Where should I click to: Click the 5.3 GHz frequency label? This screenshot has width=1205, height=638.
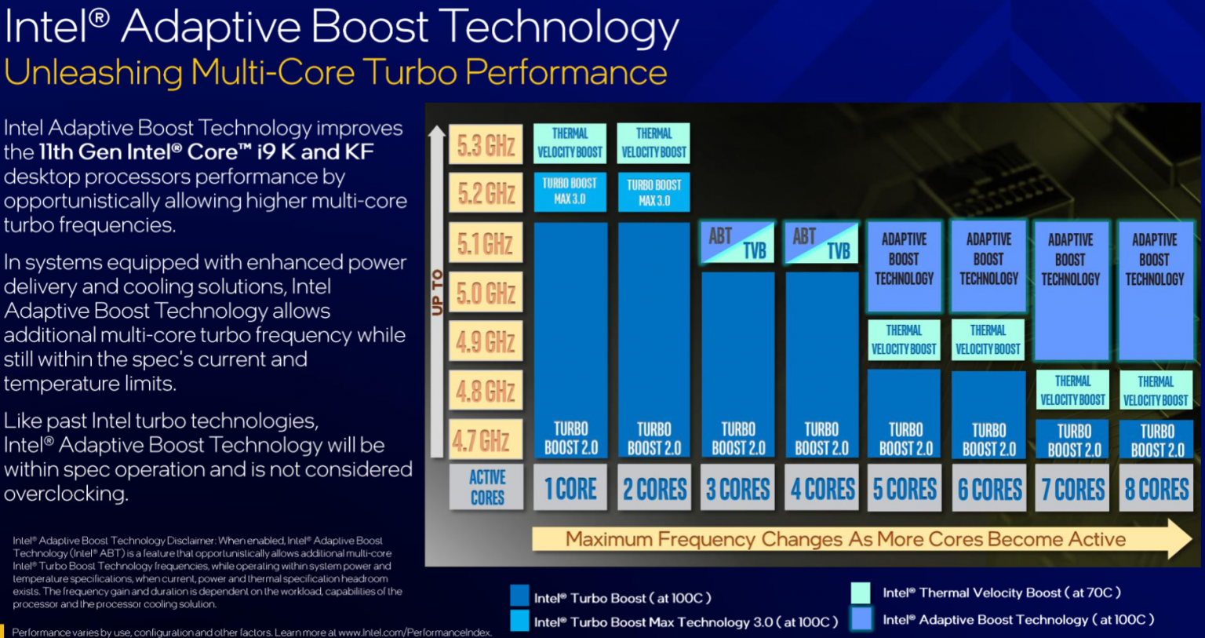click(x=486, y=145)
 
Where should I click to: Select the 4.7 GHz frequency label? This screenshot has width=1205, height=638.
click(x=486, y=440)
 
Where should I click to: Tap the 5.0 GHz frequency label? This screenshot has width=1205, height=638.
click(x=486, y=293)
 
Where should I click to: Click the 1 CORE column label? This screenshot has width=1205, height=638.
click(x=570, y=489)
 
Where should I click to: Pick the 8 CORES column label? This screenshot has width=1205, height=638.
click(x=1156, y=489)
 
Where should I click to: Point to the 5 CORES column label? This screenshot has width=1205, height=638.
click(x=905, y=489)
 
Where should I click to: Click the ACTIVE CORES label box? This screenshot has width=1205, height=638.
click(x=486, y=487)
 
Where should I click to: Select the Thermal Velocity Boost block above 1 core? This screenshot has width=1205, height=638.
click(x=570, y=143)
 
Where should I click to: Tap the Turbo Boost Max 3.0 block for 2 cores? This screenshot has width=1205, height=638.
click(x=654, y=192)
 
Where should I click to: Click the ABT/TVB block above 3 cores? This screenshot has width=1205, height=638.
click(x=737, y=242)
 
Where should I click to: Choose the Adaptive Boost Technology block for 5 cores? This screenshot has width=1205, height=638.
click(x=905, y=266)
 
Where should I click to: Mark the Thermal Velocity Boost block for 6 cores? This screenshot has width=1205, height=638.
click(x=988, y=340)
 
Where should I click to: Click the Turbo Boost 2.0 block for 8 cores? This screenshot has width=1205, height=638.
click(x=1156, y=439)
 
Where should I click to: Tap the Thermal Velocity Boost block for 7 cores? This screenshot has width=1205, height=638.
click(x=1072, y=390)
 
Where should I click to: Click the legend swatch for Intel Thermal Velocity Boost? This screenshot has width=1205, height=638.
click(x=861, y=592)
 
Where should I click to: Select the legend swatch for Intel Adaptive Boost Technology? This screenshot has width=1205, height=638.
click(x=861, y=619)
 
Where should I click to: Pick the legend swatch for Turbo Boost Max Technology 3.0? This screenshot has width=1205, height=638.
click(x=519, y=622)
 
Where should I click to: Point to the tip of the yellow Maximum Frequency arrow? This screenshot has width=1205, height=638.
click(x=1190, y=539)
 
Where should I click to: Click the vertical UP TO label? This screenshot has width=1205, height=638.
click(x=437, y=292)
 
